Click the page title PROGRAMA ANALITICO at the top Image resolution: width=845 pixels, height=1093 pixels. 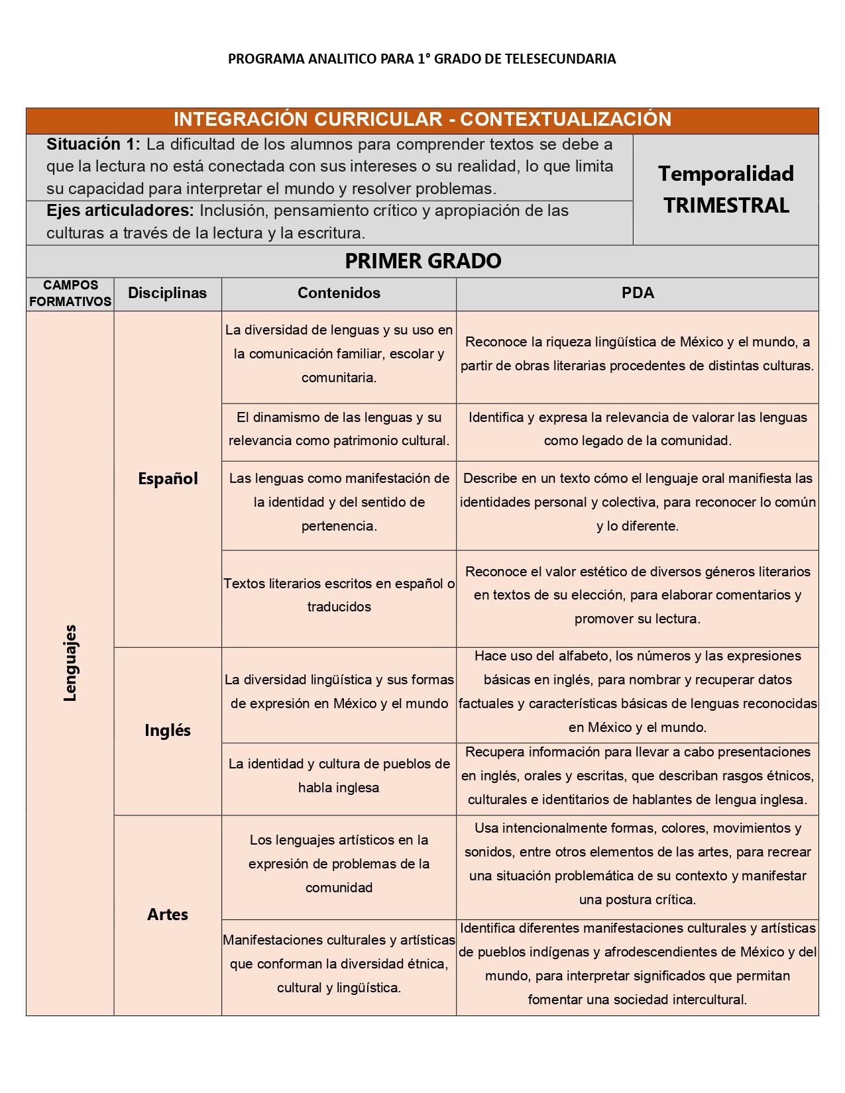(x=422, y=59)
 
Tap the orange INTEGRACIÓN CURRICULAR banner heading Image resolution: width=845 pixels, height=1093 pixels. (x=422, y=119)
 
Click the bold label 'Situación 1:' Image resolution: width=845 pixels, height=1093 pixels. (x=93, y=144)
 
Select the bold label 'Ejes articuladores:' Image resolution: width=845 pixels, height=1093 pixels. (x=120, y=211)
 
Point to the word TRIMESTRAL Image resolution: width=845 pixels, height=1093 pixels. (x=726, y=205)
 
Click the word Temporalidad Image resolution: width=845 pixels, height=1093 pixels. (x=726, y=174)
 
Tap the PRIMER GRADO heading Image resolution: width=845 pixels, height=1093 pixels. (x=423, y=261)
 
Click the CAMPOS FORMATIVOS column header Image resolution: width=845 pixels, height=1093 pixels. (x=70, y=293)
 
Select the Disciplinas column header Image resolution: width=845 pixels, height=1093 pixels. (x=167, y=293)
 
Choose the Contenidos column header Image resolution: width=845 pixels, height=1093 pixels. (x=339, y=293)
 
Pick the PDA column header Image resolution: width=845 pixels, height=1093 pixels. (x=638, y=293)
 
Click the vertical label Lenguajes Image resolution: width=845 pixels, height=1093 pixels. (x=70, y=662)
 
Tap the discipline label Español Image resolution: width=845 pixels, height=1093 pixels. (x=168, y=478)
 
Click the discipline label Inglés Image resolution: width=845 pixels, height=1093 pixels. (x=168, y=730)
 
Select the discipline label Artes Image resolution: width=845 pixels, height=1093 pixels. (x=168, y=914)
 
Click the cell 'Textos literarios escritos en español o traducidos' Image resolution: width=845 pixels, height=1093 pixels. (x=339, y=595)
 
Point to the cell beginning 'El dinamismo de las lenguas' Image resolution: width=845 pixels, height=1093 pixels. (x=339, y=429)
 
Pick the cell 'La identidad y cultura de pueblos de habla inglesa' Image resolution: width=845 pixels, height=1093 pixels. (x=339, y=776)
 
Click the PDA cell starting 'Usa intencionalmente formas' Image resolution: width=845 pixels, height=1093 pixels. (x=638, y=864)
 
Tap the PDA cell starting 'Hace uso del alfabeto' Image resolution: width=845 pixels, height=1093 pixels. (x=638, y=692)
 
